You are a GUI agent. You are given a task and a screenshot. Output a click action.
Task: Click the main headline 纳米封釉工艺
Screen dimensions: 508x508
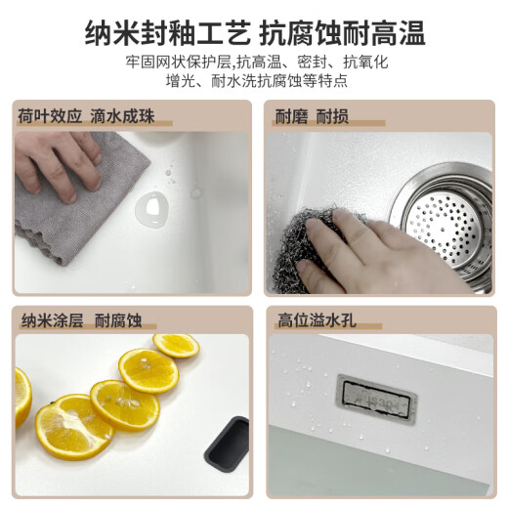pyautogui.click(x=168, y=32)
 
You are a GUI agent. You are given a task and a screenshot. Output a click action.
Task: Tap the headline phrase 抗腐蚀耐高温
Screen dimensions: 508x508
pyautogui.click(x=342, y=32)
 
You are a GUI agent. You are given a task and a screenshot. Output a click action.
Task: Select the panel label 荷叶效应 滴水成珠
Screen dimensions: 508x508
pyautogui.click(x=86, y=116)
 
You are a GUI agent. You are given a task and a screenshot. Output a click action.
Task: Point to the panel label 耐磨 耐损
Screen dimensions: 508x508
pyautogui.click(x=312, y=116)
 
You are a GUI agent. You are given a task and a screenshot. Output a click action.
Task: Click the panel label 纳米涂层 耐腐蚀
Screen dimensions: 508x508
pyautogui.click(x=81, y=320)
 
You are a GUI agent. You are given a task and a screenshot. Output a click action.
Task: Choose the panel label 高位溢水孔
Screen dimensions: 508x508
pyautogui.click(x=317, y=319)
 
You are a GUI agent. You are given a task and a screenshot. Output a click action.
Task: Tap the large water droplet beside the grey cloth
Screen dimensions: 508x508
pyautogui.click(x=152, y=209)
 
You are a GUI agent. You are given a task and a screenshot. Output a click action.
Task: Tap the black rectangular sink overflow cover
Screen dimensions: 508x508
pyautogui.click(x=227, y=444)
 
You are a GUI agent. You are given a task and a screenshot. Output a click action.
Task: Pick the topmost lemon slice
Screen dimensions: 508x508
pyautogui.click(x=176, y=346)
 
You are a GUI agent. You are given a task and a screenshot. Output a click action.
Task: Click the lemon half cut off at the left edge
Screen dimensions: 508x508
pyautogui.click(x=22, y=398)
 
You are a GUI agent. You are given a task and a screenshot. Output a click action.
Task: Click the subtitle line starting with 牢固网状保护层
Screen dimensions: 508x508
pyautogui.click(x=257, y=62)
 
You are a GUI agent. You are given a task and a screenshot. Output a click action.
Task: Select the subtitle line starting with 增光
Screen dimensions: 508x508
pyautogui.click(x=257, y=81)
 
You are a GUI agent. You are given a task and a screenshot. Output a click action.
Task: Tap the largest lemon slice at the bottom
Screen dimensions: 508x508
pyautogui.click(x=74, y=427)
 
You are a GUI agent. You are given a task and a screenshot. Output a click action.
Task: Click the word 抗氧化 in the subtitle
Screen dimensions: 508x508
pyautogui.click(x=365, y=62)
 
